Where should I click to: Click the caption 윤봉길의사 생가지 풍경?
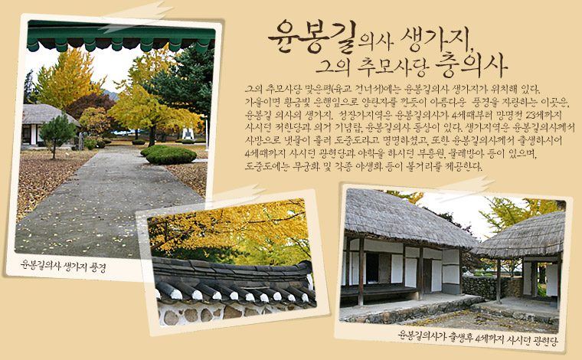[x=63, y=265]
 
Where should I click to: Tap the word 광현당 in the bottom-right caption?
[x=545, y=340]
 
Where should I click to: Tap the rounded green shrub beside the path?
[x=171, y=155]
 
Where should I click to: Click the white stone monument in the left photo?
[x=188, y=133]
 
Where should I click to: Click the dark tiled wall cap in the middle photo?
[x=233, y=282]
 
